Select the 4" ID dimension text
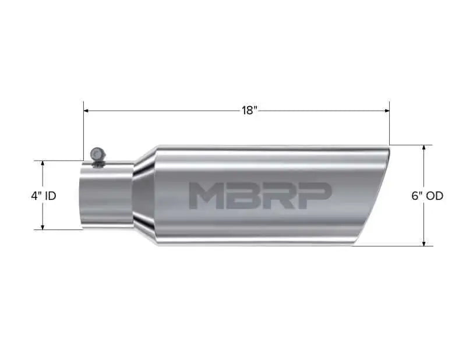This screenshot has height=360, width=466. pyautogui.click(x=44, y=196)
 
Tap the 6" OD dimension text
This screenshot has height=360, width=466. pyautogui.click(x=427, y=196)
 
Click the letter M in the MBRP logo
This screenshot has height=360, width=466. pyautogui.click(x=203, y=196)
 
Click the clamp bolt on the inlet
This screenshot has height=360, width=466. pyautogui.click(x=97, y=154)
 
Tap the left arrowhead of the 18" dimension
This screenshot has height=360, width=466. pyautogui.click(x=86, y=110)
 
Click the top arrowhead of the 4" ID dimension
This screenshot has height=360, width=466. pyautogui.click(x=43, y=164)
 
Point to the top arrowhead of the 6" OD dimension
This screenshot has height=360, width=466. pyautogui.click(x=424, y=148)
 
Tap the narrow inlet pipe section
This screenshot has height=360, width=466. pyautogui.click(x=105, y=195)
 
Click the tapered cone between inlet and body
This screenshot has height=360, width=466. pyautogui.click(x=143, y=195)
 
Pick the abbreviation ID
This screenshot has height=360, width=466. pyautogui.click(x=50, y=196)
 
